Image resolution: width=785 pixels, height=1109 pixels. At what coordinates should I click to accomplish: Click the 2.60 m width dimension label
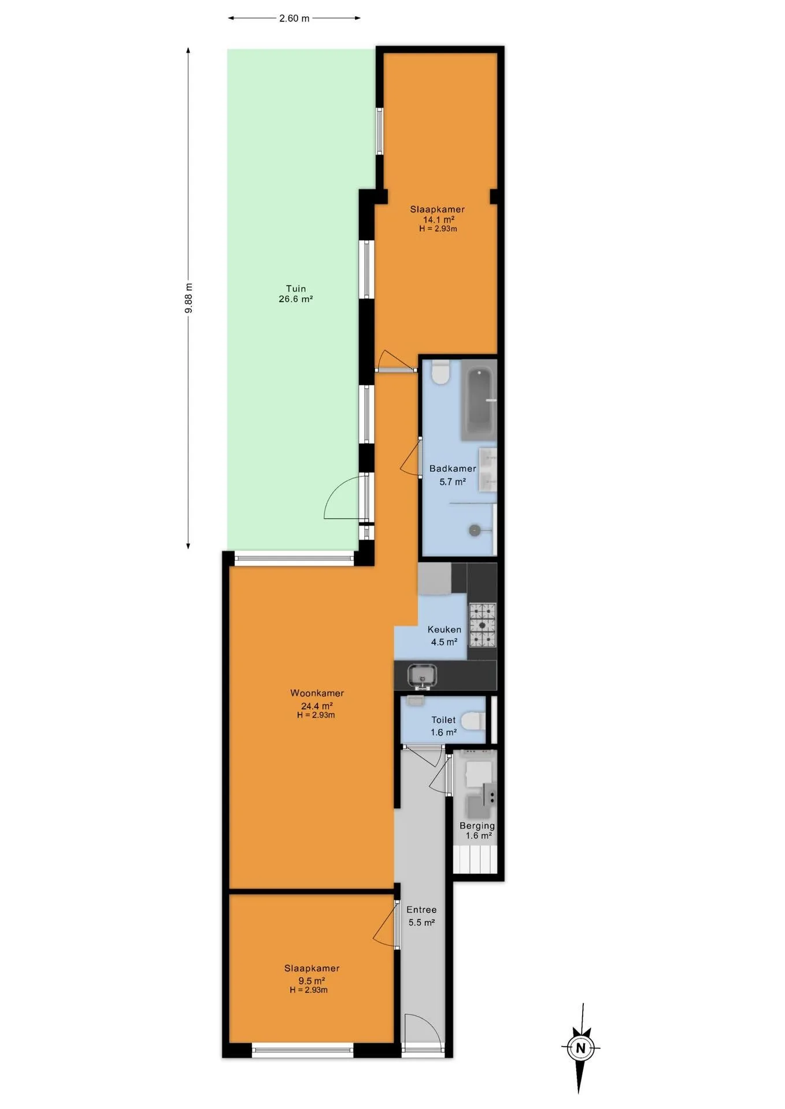294,18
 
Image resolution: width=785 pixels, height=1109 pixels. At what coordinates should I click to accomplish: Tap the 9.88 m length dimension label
189,298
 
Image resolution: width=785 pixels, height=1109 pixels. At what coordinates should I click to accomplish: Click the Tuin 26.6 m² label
296,293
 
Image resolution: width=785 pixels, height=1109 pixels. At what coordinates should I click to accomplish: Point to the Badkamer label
453,468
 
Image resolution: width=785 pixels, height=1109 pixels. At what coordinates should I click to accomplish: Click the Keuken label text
445,630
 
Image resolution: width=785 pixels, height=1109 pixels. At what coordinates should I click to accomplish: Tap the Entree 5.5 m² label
421,916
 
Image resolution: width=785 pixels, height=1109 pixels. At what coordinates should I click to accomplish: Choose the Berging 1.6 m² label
477,831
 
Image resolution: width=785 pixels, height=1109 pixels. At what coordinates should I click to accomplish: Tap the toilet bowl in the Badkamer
441,373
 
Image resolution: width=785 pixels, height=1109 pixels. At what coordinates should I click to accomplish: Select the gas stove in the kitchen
482,624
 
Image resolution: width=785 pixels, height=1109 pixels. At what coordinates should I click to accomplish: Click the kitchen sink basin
422,675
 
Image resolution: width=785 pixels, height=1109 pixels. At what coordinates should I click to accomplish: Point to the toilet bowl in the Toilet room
473,721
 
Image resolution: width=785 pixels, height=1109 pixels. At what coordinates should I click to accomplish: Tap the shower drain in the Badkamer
475,530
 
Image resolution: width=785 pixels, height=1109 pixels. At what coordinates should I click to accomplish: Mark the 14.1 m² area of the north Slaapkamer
439,219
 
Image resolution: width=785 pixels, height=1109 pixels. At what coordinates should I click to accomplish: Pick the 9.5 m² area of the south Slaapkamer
312,981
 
